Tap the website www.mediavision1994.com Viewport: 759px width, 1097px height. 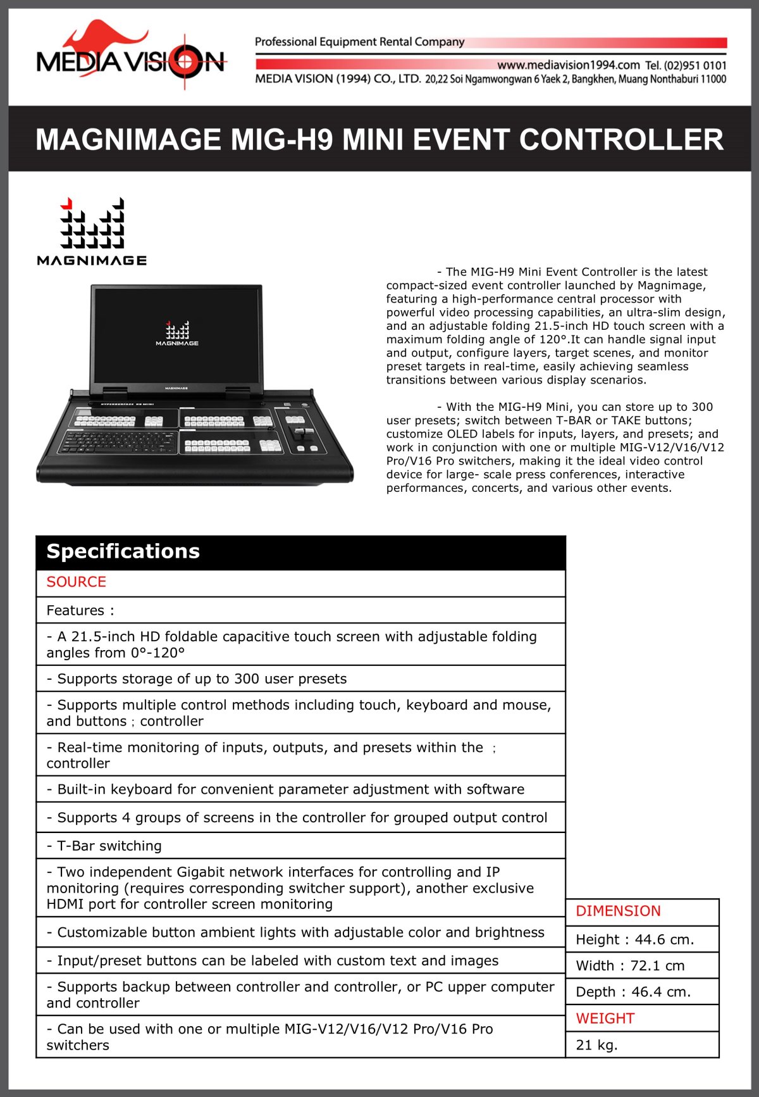pos(568,65)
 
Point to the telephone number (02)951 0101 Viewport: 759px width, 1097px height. pos(694,65)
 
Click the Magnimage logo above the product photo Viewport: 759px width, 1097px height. pos(92,231)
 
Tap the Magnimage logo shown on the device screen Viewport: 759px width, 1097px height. pos(177,333)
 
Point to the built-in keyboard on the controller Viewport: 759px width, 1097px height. pos(118,441)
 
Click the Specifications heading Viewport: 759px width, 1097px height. pos(123,551)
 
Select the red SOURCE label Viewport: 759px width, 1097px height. pos(77,582)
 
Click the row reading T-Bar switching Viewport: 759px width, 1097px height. pos(104,846)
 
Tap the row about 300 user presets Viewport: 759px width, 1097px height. pos(197,679)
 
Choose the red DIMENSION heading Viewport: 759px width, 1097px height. pos(618,911)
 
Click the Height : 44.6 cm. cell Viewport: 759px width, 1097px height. pos(635,939)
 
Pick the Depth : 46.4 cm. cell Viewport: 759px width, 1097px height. pos(633,992)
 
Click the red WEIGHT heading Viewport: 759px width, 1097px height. pos(605,1019)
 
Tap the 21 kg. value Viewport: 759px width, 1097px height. pos(596,1045)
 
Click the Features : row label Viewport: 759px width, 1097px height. pos(80,610)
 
